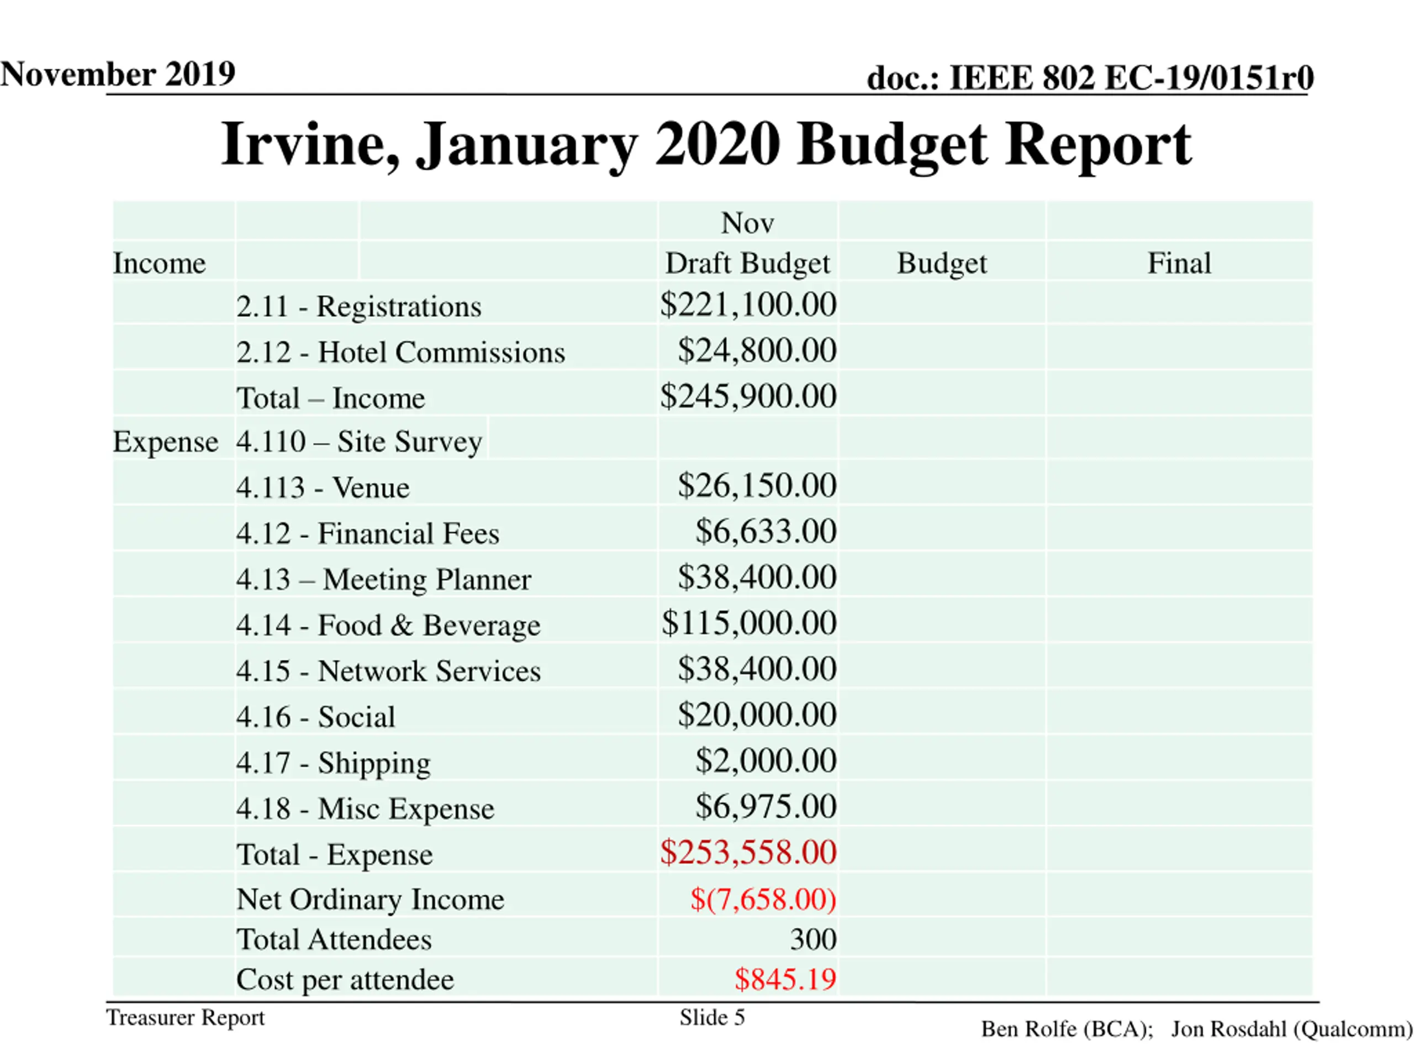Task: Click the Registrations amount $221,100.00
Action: pos(748,304)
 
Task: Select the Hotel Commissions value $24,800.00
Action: pos(757,350)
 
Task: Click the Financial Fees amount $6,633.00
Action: pos(766,532)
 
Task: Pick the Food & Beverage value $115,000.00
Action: pos(748,623)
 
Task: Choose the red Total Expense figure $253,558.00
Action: pos(748,853)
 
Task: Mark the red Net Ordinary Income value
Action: pos(763,899)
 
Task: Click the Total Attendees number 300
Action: pos(812,939)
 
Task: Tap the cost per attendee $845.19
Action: pos(785,979)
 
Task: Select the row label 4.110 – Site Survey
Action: pos(358,442)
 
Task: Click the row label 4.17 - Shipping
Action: pos(333,763)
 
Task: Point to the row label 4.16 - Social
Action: pos(315,717)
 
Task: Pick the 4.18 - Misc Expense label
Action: pos(365,809)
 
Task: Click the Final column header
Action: pos(1179,264)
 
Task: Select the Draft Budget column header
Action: pos(747,264)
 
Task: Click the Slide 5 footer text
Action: pos(712,1017)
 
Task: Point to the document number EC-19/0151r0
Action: pos(1208,78)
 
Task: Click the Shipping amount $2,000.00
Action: pos(766,761)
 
